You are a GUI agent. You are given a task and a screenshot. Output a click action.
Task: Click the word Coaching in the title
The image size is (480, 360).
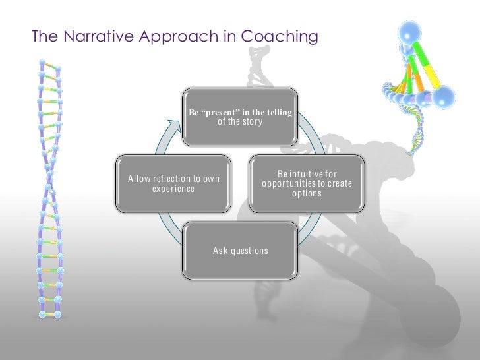[x=280, y=37]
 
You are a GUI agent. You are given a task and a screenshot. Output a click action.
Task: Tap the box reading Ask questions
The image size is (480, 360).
[x=240, y=251]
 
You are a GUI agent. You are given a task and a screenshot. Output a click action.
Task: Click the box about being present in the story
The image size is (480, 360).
[x=240, y=117]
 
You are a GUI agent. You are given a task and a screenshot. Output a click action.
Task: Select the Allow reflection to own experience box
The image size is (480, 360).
[x=173, y=184]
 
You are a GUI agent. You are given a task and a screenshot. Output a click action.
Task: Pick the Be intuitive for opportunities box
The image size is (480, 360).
[x=307, y=184]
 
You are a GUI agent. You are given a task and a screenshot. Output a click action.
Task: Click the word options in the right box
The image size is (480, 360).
[x=307, y=193]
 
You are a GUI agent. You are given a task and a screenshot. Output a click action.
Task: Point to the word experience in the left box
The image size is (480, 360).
[x=173, y=189]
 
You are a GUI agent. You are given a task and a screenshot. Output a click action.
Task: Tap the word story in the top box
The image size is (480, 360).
[x=252, y=121]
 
